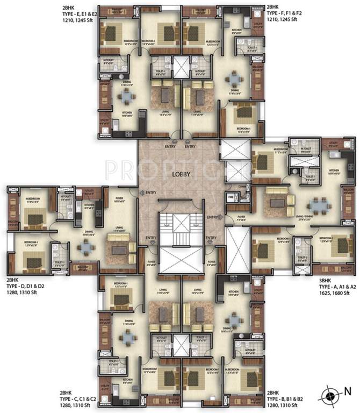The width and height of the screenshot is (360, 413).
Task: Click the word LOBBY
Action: (179, 174)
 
